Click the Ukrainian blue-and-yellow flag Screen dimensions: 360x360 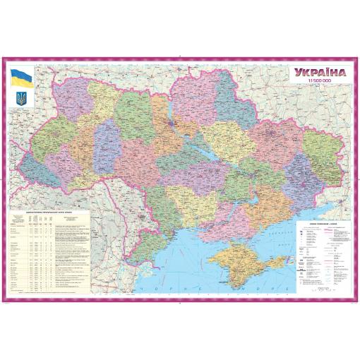click(19, 76)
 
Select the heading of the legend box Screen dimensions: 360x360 click(321, 222)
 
